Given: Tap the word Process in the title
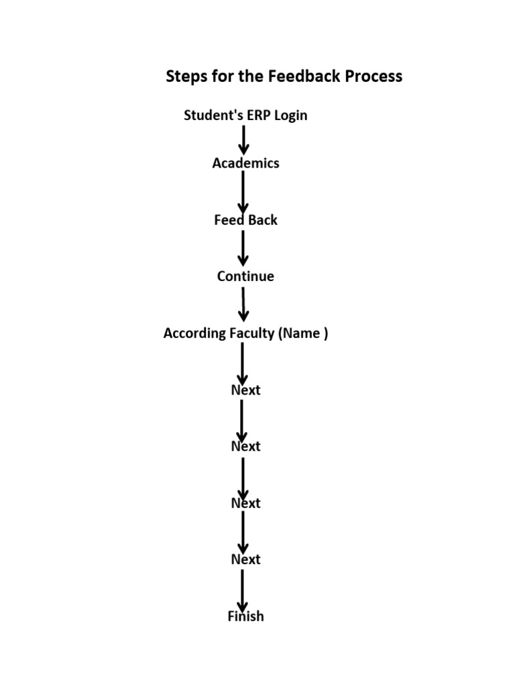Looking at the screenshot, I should point(374,76).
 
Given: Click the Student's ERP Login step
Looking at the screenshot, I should point(245,115).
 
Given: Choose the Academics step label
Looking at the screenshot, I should point(245,163).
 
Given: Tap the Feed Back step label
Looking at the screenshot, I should point(245,220).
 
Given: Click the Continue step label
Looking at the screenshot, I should point(245,276).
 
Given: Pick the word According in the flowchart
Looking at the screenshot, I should point(194,333).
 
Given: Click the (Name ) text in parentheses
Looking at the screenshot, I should point(303,333).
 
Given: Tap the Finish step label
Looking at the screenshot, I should point(245,616).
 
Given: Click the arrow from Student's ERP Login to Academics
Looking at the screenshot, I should point(243,140).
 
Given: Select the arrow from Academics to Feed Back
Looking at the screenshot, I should point(243,192).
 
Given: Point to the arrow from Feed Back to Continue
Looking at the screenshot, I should point(243,248).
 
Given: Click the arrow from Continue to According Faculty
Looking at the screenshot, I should point(243,305).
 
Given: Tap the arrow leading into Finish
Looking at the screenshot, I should point(243,588).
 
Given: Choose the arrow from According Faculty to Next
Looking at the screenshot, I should point(243,362).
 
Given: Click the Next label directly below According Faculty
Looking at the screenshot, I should point(245,390).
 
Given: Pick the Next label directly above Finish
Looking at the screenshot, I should point(245,560).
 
